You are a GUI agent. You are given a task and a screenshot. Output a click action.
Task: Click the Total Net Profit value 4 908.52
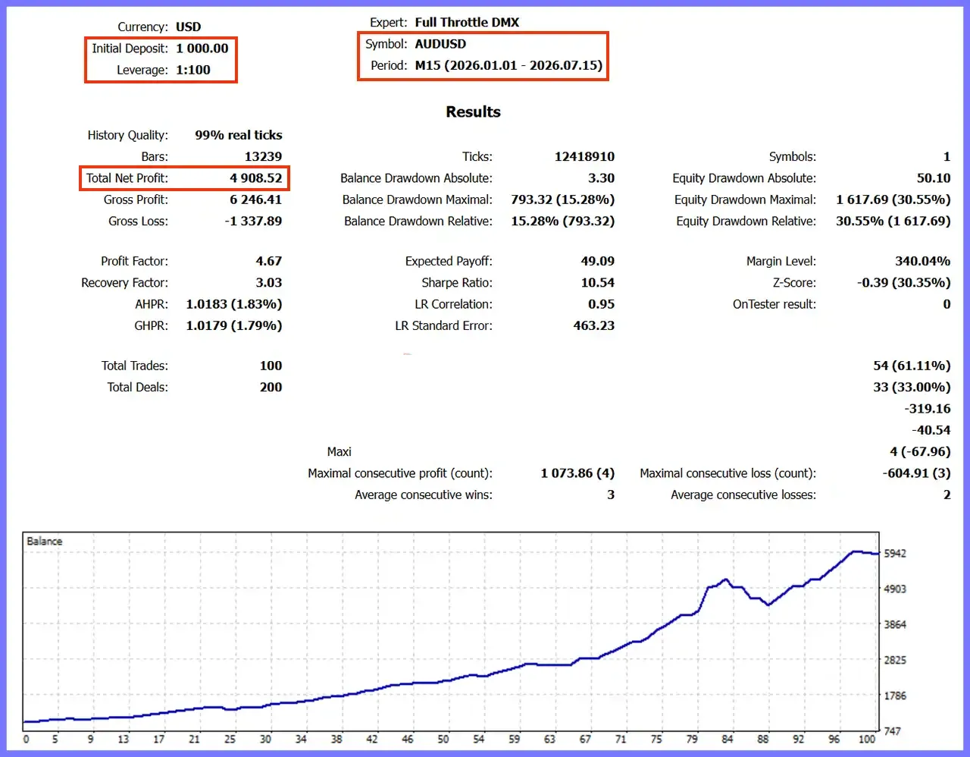pyautogui.click(x=256, y=178)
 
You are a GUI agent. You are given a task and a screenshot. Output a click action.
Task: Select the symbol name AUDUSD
pyautogui.click(x=440, y=44)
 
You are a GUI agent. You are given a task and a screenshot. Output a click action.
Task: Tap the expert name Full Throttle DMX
pyautogui.click(x=467, y=22)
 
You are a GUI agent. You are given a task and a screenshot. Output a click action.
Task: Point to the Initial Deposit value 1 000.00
pyautogui.click(x=202, y=49)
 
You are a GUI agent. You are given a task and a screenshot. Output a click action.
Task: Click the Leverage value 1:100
pyautogui.click(x=192, y=70)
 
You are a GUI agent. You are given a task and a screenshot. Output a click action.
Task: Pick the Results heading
pyautogui.click(x=473, y=112)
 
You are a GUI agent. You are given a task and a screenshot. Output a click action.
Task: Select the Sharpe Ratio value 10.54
pyautogui.click(x=597, y=283)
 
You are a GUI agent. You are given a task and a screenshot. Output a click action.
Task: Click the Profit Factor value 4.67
pyautogui.click(x=269, y=261)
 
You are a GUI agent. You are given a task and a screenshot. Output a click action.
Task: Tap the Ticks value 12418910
pyautogui.click(x=584, y=157)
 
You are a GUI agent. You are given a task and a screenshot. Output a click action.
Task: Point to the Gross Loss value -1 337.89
pyautogui.click(x=253, y=221)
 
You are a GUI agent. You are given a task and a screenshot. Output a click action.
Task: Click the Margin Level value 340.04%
pyautogui.click(x=923, y=261)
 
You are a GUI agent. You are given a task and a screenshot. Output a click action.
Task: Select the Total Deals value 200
pyautogui.click(x=271, y=387)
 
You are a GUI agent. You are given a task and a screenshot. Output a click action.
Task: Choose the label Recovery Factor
pyautogui.click(x=124, y=283)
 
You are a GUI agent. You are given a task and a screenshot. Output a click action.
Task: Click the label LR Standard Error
pyautogui.click(x=444, y=325)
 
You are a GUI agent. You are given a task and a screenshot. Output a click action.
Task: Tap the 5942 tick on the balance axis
pyautogui.click(x=896, y=554)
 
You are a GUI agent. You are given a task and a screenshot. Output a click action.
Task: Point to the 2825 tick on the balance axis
pyautogui.click(x=896, y=660)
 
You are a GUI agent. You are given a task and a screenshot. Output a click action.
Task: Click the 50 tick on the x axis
pyautogui.click(x=443, y=740)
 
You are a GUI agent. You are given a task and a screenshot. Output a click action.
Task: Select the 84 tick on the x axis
pyautogui.click(x=727, y=740)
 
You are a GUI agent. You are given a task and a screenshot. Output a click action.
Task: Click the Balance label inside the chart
pyautogui.click(x=44, y=542)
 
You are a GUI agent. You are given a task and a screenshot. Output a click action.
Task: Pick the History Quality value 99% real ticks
pyautogui.click(x=239, y=135)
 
